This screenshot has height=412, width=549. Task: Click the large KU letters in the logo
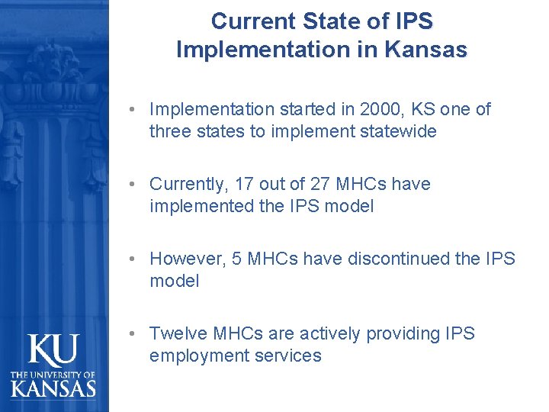pos(53,351)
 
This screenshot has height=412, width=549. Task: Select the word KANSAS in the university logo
pos(53,388)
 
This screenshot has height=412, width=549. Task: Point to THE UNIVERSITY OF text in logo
pos(53,374)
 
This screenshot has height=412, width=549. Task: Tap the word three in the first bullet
pos(171,131)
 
